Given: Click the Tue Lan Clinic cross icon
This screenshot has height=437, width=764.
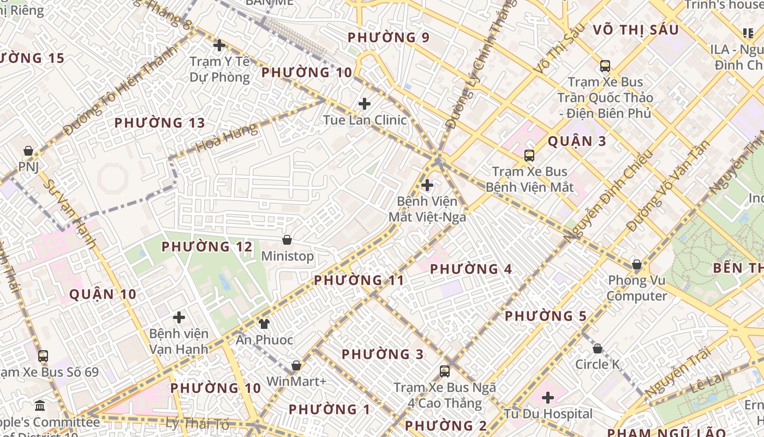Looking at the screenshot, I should point(365,104).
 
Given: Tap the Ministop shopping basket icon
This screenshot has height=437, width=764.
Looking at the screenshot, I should point(287,240).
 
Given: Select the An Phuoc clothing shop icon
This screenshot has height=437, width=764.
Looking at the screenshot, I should point(265,323).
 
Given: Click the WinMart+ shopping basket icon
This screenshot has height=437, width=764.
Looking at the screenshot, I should point(296,365).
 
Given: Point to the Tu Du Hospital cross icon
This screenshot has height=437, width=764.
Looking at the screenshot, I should point(548,398).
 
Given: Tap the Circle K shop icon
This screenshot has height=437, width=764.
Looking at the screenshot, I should point(598,349).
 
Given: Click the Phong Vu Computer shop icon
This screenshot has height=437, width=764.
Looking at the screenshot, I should point(636,265).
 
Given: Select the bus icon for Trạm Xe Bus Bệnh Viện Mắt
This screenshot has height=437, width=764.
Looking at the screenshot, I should point(529,156).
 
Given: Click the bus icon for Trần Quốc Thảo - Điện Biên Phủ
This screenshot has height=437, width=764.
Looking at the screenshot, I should point(605,66).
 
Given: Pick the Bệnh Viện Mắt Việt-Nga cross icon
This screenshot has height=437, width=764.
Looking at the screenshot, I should point(427,185).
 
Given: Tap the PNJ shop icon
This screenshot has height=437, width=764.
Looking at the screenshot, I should point(28,151).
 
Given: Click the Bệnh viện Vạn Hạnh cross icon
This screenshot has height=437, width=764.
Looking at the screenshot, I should point(179,317).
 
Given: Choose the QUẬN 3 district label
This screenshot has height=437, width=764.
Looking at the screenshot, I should point(577,141).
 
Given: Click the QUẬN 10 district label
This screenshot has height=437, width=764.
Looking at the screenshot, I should point(103,295).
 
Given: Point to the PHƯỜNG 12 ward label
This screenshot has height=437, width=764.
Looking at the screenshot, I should point(207,247).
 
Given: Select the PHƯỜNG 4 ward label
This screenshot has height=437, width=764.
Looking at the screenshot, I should point(471,269).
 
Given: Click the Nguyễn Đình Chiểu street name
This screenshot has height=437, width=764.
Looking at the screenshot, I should point(608,197).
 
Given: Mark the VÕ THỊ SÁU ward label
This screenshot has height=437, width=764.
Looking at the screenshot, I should point(635,30).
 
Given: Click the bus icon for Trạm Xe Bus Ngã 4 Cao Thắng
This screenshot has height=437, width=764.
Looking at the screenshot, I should point(445,371).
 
